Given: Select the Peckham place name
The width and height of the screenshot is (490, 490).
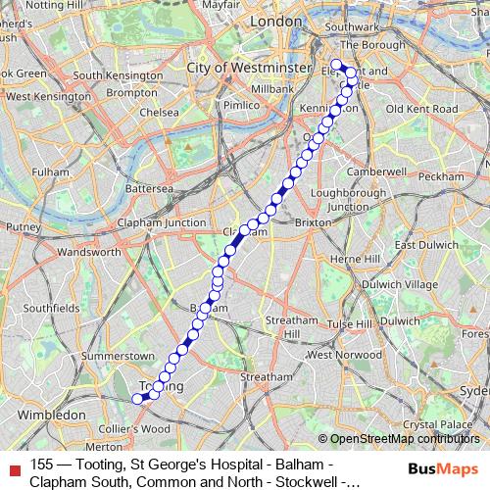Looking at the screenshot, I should pos(446,175).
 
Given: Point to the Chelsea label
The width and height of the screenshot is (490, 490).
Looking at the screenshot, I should pos(159,112).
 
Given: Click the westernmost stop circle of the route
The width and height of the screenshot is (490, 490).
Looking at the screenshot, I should pos(137,398).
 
